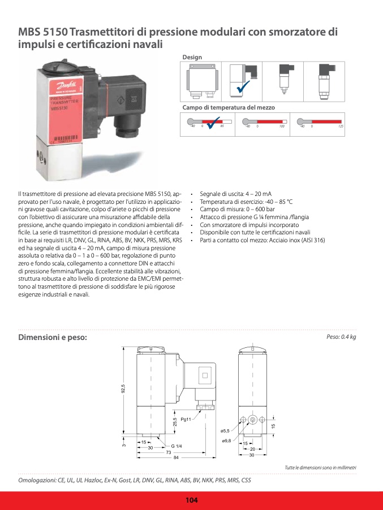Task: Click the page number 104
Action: click(x=191, y=500)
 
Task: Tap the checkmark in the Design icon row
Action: click(x=244, y=88)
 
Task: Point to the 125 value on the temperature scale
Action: click(x=341, y=127)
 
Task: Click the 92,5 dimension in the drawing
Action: click(x=123, y=389)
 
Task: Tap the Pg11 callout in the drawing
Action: click(x=186, y=419)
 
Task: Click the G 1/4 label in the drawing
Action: click(x=177, y=446)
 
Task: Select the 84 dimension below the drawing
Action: click(x=176, y=457)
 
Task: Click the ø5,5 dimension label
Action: click(x=226, y=431)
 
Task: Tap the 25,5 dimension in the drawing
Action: click(x=175, y=422)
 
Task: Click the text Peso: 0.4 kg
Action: click(x=341, y=337)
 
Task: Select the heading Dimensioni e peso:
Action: click(x=53, y=337)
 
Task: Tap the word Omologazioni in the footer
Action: click(x=37, y=480)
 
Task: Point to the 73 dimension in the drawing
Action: click(x=168, y=452)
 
